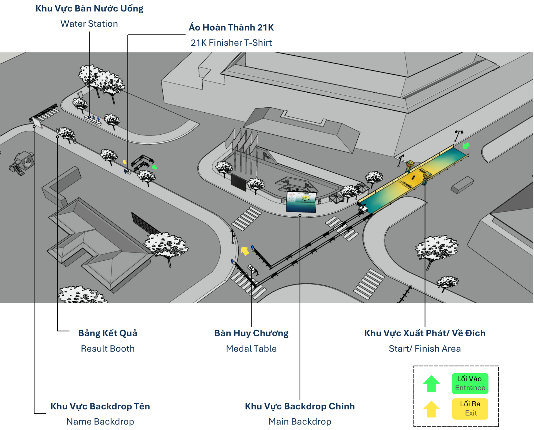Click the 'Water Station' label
coord(89,24)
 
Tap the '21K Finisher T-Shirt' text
coord(231,43)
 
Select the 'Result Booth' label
coord(108,349)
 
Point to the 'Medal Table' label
coord(251,349)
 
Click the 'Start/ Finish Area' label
coord(425,349)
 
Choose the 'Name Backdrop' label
coord(100,422)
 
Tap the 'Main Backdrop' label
coord(300,422)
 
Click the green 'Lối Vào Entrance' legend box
coord(470,384)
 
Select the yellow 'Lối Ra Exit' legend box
coord(470,409)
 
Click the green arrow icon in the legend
coord(431,384)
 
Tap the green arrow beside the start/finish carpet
coord(466,146)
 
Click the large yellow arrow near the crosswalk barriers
coord(244,251)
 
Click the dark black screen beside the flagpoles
coord(239,183)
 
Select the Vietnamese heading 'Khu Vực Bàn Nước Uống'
coord(89,9)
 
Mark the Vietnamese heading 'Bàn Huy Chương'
coord(251,333)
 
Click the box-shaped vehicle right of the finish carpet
coord(462,185)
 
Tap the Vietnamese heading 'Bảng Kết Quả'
coord(108,333)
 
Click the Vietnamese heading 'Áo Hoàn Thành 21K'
coord(231,27)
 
